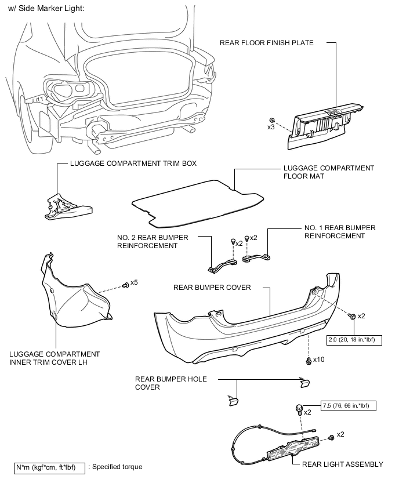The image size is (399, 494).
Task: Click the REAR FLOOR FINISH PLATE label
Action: coord(267,43)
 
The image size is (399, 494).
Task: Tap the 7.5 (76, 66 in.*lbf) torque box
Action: coord(349,406)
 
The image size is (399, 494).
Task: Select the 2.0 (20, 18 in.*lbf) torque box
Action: coord(354,340)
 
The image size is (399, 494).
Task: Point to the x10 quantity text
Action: coord(318,359)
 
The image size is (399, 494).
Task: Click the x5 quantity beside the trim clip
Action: coord(134,282)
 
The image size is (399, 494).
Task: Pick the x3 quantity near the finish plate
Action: coord(271,128)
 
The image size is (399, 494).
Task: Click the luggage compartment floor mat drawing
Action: coord(198,204)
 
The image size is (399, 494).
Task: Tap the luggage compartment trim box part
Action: coord(68,208)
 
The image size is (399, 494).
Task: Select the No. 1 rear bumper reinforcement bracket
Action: coord(256,257)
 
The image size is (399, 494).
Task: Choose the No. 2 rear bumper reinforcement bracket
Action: coord(222,264)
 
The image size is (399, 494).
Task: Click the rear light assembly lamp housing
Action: coord(292,448)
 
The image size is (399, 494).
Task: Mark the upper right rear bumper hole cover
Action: coord(305,382)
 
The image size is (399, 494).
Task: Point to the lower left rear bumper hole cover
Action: coord(233,400)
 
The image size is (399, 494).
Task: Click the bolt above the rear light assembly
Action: coord(299,409)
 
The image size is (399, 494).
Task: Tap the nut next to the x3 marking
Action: coord(271,120)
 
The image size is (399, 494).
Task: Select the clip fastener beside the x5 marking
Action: coord(125,285)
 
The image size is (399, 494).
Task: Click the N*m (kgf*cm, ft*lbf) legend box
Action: coord(49,468)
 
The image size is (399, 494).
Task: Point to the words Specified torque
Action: coord(117,467)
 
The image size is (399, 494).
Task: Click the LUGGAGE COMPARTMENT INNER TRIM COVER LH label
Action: coord(55,358)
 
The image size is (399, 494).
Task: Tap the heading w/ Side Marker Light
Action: coord(46,9)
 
